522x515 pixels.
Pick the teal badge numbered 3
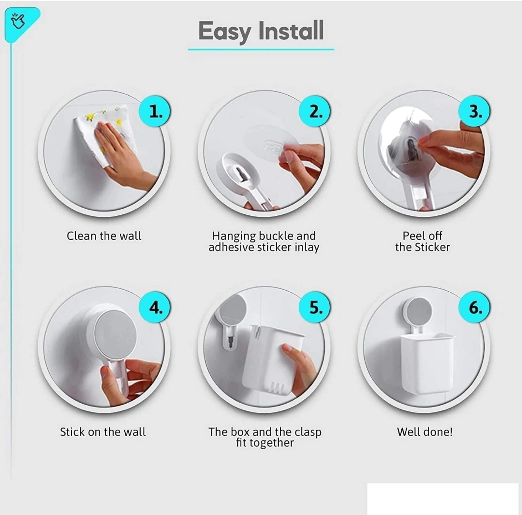pos(474,111)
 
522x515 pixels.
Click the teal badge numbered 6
pos(474,307)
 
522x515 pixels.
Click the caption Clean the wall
pos(104,236)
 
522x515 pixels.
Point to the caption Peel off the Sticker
pos(422,242)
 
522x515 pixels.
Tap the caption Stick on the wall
pos(103,432)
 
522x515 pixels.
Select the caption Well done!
pos(425,432)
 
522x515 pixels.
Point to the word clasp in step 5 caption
pos(308,432)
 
